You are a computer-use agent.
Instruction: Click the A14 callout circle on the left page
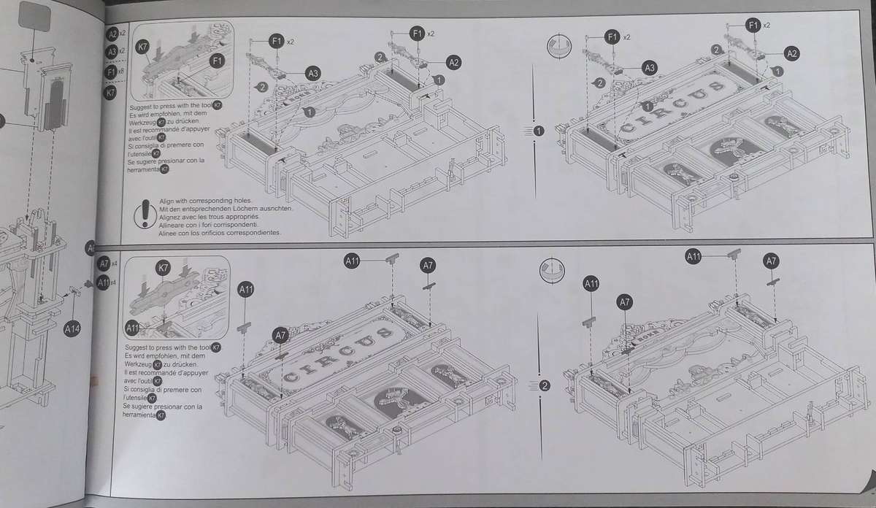(72, 329)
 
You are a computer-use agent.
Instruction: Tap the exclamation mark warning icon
(143, 213)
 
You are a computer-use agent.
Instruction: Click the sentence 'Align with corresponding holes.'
(207, 201)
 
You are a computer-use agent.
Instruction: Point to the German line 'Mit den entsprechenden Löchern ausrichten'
(226, 209)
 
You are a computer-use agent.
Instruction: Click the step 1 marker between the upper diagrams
(539, 131)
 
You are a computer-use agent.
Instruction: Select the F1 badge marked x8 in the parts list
(112, 72)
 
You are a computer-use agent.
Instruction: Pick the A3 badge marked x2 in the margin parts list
(112, 53)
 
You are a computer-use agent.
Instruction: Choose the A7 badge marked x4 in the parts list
(104, 263)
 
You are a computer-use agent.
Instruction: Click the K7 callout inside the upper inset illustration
(143, 46)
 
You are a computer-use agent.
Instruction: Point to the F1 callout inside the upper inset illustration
(217, 61)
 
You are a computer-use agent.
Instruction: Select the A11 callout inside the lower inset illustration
(134, 327)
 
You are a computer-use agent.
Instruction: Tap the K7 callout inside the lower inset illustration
(164, 269)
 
